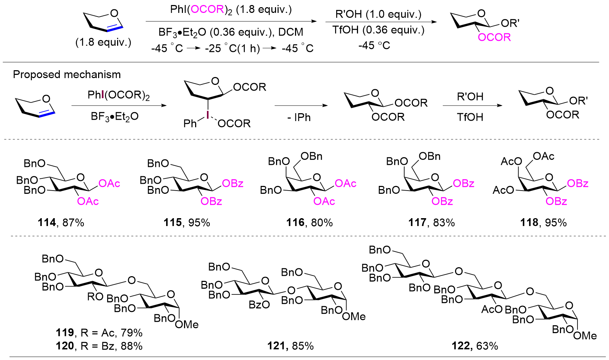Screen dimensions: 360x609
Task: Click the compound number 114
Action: (47, 223)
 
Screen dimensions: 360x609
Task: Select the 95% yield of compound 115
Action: (199, 223)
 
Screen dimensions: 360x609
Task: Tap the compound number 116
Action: (295, 223)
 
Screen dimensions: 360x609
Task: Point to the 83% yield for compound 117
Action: (444, 223)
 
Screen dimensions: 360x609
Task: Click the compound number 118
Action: (529, 223)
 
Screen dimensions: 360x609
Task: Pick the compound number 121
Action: (276, 346)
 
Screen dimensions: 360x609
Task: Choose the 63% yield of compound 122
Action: (487, 346)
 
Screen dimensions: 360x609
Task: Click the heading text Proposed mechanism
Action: (67, 75)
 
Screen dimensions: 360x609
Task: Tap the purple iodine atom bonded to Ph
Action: (207, 114)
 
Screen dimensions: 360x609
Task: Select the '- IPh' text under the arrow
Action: (299, 118)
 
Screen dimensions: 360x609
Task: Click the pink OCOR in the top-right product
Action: (494, 38)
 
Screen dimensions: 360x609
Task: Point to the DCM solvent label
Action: (291, 32)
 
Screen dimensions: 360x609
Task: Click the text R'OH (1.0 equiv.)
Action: (378, 14)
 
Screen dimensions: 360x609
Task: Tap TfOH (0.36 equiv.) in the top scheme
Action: (378, 30)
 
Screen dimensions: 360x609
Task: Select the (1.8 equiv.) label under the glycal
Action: (103, 43)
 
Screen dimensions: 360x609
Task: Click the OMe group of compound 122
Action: (585, 336)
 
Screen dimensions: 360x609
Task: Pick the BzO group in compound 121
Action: (259, 305)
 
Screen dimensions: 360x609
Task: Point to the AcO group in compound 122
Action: (492, 309)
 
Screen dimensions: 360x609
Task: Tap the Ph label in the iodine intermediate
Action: (190, 124)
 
